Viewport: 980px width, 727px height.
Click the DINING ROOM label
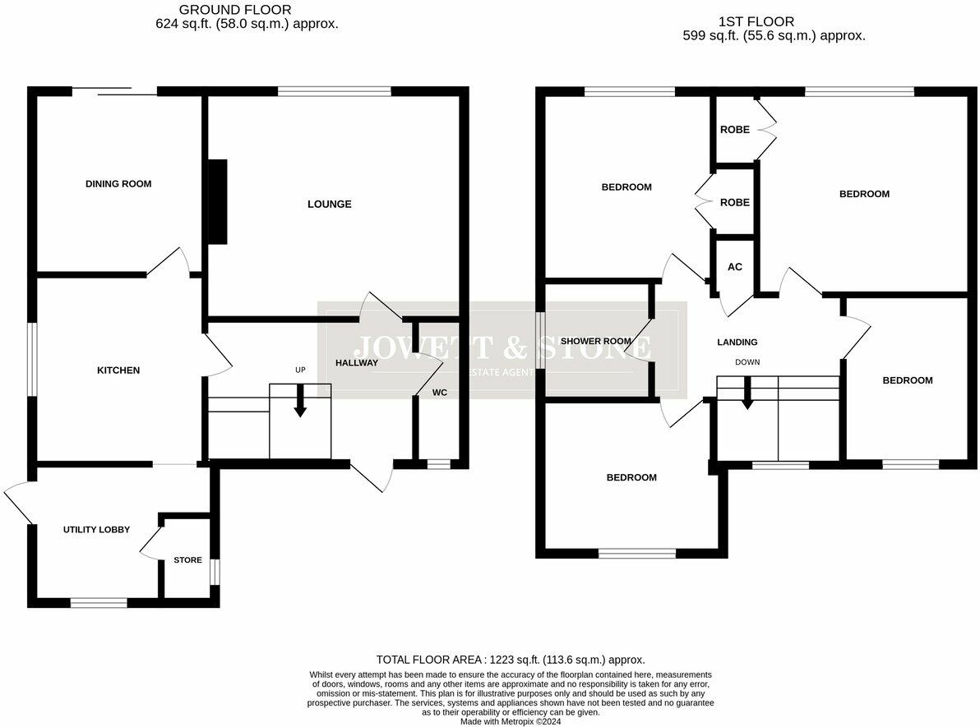tap(118, 184)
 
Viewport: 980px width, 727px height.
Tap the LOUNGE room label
tap(329, 204)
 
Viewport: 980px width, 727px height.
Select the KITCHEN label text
tap(118, 370)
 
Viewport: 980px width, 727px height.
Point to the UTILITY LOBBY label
tap(96, 530)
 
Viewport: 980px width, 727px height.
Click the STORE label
tap(187, 560)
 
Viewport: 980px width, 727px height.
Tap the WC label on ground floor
tap(440, 393)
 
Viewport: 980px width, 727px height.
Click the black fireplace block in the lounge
tap(218, 201)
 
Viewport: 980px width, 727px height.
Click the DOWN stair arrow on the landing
tap(747, 393)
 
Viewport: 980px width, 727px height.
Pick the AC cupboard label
tap(735, 267)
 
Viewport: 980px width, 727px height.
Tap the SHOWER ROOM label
tap(595, 342)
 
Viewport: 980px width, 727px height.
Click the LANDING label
tap(737, 343)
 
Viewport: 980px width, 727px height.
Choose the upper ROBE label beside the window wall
tap(734, 130)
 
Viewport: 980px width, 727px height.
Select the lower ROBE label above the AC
tap(734, 202)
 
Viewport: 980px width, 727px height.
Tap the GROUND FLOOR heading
tap(247, 10)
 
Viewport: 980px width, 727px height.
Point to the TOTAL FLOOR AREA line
tap(510, 660)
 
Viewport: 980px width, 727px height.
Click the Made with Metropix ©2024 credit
tap(511, 721)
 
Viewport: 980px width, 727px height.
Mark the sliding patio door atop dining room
tap(114, 91)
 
